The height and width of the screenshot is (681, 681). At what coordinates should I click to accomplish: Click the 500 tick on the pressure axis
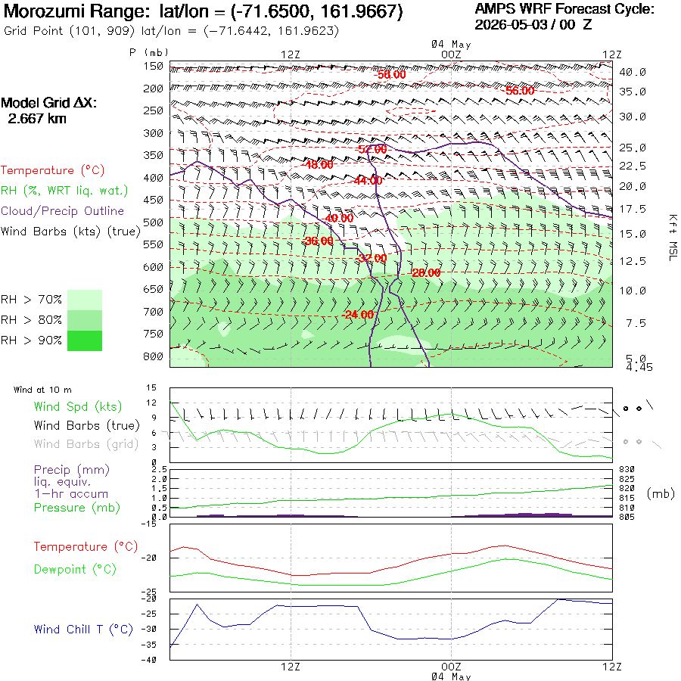coord(153,222)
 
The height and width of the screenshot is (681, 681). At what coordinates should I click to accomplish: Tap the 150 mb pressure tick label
coord(153,67)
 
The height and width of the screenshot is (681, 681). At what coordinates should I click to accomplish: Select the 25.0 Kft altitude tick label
coord(633,148)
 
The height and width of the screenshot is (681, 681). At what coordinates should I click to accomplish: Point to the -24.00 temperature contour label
coord(358,315)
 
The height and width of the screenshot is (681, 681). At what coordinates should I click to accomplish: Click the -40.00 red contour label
coord(339,218)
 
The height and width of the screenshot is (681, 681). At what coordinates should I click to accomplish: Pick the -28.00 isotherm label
coord(426,272)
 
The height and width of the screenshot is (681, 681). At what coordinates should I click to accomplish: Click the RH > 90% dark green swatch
coord(85,340)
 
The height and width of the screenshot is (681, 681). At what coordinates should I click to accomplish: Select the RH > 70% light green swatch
coord(85,300)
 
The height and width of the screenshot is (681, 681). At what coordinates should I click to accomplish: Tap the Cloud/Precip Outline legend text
coord(62,211)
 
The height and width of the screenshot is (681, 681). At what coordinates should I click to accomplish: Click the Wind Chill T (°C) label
coord(83,630)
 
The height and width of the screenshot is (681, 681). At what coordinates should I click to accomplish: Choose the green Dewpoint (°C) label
coord(75,569)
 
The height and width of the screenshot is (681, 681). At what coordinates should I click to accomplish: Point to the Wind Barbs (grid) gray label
coord(86,444)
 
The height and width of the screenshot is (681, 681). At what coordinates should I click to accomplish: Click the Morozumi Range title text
coord(76,11)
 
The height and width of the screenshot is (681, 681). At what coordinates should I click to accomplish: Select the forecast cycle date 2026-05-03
coord(510,25)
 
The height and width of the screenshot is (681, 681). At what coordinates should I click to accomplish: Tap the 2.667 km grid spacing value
coord(37,119)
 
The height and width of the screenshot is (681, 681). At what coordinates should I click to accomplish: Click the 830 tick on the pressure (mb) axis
coord(627,469)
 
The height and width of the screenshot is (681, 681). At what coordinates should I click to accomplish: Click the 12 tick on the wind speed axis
coord(151,403)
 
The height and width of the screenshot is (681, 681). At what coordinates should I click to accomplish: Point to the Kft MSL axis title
coord(673,238)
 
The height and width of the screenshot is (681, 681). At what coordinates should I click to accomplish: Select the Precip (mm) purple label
coord(72,470)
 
